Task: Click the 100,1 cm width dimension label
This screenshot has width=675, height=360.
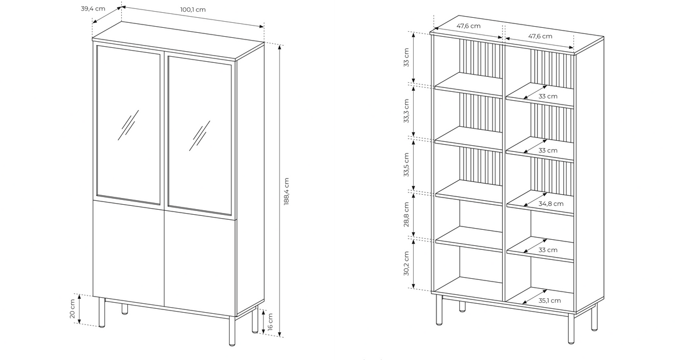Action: pyautogui.click(x=193, y=9)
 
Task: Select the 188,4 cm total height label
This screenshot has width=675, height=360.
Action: pyautogui.click(x=287, y=191)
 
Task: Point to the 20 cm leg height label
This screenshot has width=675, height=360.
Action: pyautogui.click(x=72, y=309)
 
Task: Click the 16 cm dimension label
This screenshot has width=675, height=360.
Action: pyautogui.click(x=270, y=322)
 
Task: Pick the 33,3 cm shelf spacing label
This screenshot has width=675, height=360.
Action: pyautogui.click(x=407, y=111)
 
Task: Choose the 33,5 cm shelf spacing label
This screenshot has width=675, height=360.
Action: pyautogui.click(x=407, y=164)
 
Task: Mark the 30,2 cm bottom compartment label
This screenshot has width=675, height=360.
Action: pyautogui.click(x=407, y=263)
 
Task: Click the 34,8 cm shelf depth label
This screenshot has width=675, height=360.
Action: pyautogui.click(x=548, y=204)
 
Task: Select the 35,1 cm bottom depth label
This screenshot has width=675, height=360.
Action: pyautogui.click(x=549, y=300)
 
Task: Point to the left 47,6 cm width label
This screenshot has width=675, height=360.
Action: pyautogui.click(x=469, y=26)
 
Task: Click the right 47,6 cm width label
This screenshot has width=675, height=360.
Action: pyautogui.click(x=540, y=36)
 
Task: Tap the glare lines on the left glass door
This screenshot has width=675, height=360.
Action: pyautogui.click(x=128, y=125)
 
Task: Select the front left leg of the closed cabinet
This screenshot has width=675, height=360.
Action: pyautogui.click(x=102, y=313)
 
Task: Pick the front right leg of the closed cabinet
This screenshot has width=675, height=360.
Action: pyautogui.click(x=232, y=331)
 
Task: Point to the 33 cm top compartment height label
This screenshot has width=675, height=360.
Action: pyautogui.click(x=407, y=57)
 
